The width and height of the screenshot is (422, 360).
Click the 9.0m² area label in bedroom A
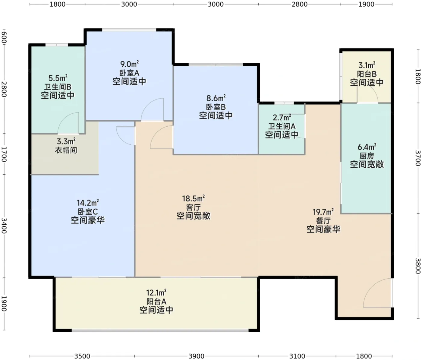(129, 64)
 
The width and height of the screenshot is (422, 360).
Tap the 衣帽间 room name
(66, 150)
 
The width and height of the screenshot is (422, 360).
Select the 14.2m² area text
(88, 203)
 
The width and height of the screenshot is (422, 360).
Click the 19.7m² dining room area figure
(323, 212)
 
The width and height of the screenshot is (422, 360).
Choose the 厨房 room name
(367, 156)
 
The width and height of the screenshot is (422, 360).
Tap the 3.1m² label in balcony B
(367, 65)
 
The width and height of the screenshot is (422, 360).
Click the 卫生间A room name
(282, 126)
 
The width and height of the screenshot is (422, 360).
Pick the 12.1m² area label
(156, 293)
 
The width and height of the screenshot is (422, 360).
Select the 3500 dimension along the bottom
(82, 356)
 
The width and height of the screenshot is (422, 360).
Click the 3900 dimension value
(197, 356)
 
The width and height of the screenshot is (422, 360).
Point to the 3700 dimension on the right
(418, 158)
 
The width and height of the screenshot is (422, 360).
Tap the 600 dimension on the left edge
(4, 37)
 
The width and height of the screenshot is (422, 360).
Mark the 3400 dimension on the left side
(4, 226)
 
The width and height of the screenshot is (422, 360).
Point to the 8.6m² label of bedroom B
(216, 98)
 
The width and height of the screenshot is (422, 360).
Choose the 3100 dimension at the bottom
(297, 356)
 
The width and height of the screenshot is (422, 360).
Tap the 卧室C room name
(88, 211)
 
